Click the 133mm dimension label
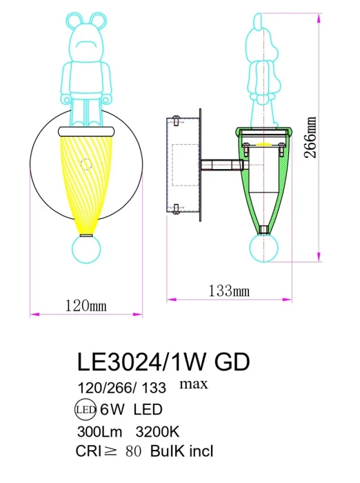click(x=229, y=291)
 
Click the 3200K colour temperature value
click(x=158, y=431)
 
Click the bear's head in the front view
click(x=87, y=41)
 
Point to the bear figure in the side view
click(x=263, y=69)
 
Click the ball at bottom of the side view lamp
click(x=263, y=246)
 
